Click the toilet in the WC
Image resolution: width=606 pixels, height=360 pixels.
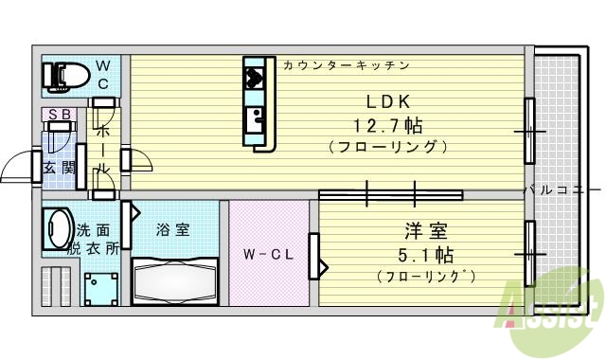point(62,76)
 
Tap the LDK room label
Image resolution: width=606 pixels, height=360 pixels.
point(388,102)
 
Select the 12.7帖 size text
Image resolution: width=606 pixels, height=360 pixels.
point(388,124)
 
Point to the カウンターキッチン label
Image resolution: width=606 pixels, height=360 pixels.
point(347,65)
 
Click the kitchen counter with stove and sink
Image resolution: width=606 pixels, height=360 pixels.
point(256,101)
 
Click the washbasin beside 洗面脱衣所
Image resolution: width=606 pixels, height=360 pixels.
point(57,228)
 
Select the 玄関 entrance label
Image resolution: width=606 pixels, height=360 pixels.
point(58,169)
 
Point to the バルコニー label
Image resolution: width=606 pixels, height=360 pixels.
point(562,190)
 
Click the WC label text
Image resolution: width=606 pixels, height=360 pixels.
point(104,74)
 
